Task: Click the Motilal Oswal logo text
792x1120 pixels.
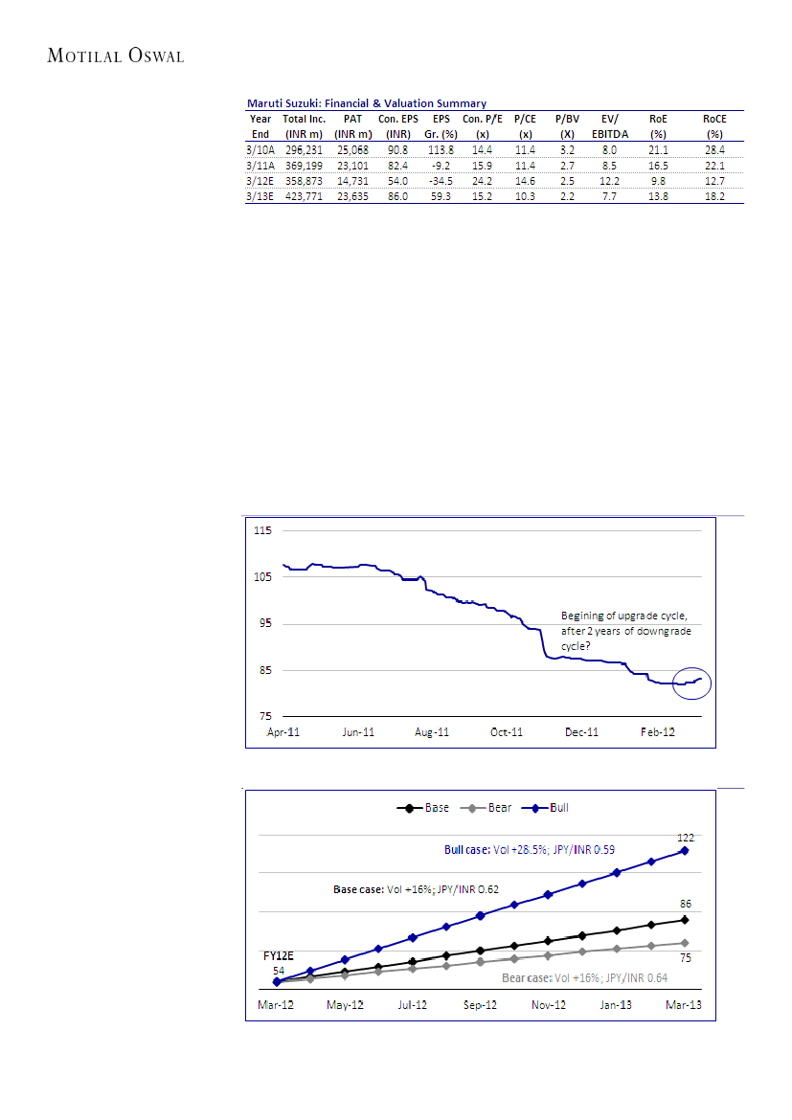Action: pyautogui.click(x=115, y=56)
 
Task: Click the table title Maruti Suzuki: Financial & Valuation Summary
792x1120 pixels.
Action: pyautogui.click(x=367, y=103)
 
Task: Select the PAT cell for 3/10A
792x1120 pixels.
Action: pyautogui.click(x=352, y=150)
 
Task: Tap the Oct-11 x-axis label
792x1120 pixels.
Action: pyautogui.click(x=507, y=732)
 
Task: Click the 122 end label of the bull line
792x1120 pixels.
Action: pyautogui.click(x=685, y=838)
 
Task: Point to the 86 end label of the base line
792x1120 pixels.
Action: pyautogui.click(x=685, y=903)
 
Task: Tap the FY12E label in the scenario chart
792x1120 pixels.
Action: pyautogui.click(x=279, y=955)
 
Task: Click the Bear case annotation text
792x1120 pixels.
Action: pyautogui.click(x=584, y=978)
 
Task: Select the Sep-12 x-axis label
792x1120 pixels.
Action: pyautogui.click(x=481, y=1005)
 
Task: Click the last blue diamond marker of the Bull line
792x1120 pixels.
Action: pyautogui.click(x=685, y=850)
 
